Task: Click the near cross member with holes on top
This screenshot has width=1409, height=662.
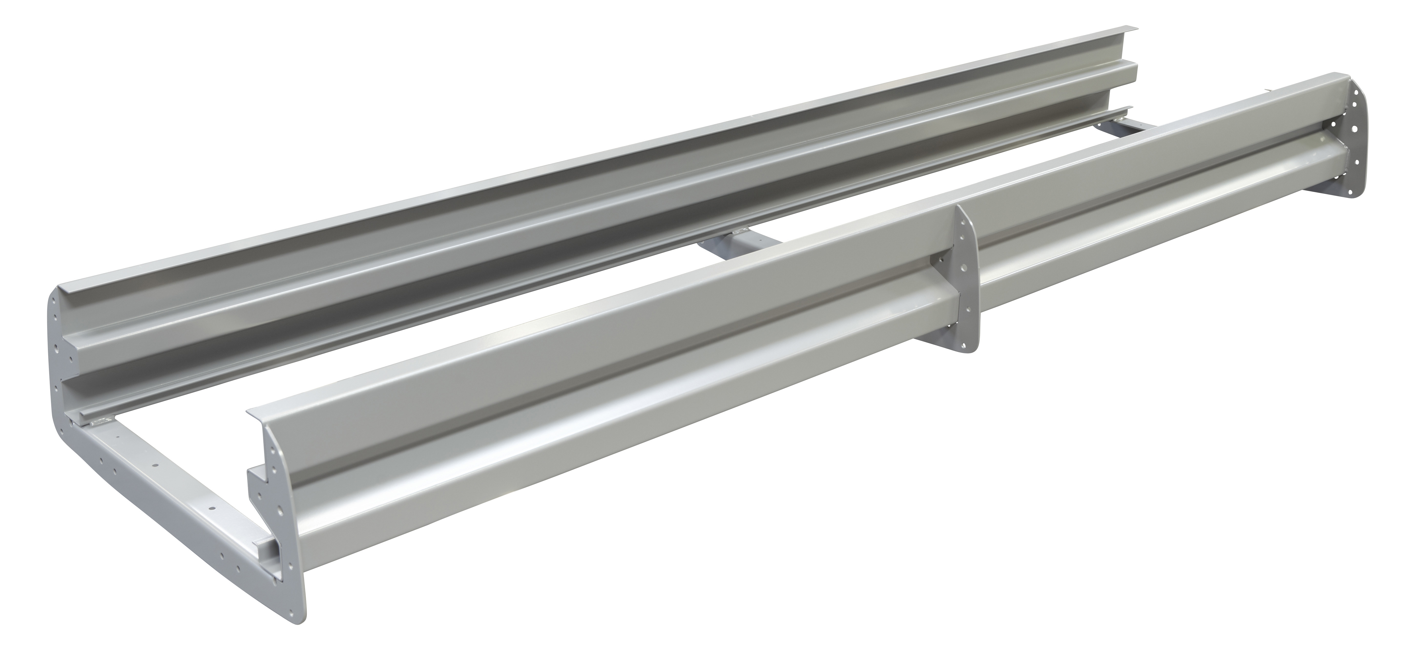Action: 164,476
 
